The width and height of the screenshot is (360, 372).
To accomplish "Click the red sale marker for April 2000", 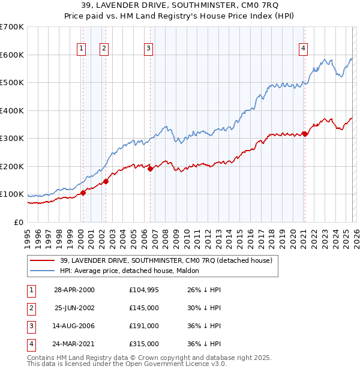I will (x=83, y=193).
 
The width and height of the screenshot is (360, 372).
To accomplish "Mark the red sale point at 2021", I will (x=305, y=134).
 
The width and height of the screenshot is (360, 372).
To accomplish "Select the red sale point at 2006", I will (x=150, y=169).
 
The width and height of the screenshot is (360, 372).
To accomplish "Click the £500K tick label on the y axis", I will (x=12, y=83).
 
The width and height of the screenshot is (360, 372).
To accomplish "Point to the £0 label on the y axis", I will (x=18, y=222).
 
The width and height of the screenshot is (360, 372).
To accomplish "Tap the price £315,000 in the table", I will (x=143, y=344).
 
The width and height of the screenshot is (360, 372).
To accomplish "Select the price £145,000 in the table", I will (x=143, y=308).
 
